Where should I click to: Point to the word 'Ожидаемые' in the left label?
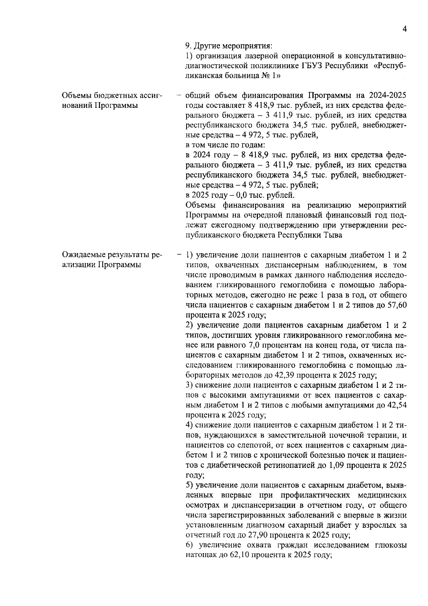(x=81, y=255)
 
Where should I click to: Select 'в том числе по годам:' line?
(x=225, y=145)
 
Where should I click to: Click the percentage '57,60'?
(x=397, y=305)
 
